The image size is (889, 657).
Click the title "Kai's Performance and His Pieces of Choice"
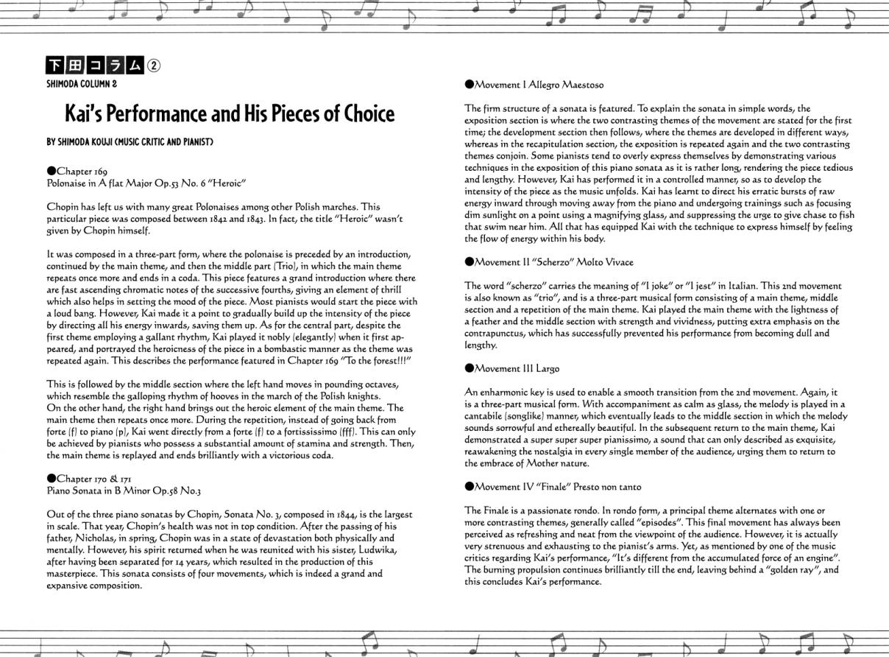[230, 113]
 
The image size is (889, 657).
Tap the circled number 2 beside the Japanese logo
[153, 65]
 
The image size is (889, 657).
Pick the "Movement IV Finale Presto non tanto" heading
[553, 487]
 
